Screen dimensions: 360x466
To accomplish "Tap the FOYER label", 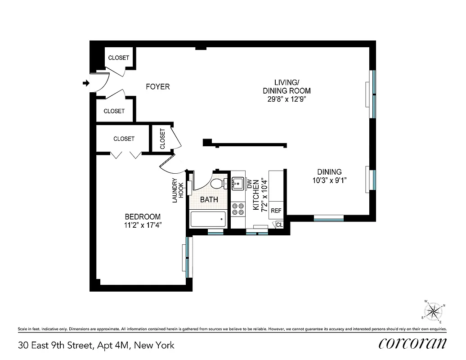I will [157, 86].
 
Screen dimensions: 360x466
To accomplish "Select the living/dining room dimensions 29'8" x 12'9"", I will [287, 99].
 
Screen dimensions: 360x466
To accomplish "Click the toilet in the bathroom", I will [219, 183].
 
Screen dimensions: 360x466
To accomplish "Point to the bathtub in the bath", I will [207, 219].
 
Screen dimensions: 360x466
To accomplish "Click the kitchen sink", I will [237, 184].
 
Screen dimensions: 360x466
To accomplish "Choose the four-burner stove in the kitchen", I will [237, 209].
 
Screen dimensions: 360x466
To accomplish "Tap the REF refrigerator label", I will [276, 211].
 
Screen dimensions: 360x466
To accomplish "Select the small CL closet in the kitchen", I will [279, 225].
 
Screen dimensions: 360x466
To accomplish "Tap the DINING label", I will [329, 172].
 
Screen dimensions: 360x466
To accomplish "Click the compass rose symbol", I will [433, 311].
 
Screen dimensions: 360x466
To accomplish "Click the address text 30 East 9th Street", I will [96, 346].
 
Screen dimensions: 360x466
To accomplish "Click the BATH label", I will [209, 199].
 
